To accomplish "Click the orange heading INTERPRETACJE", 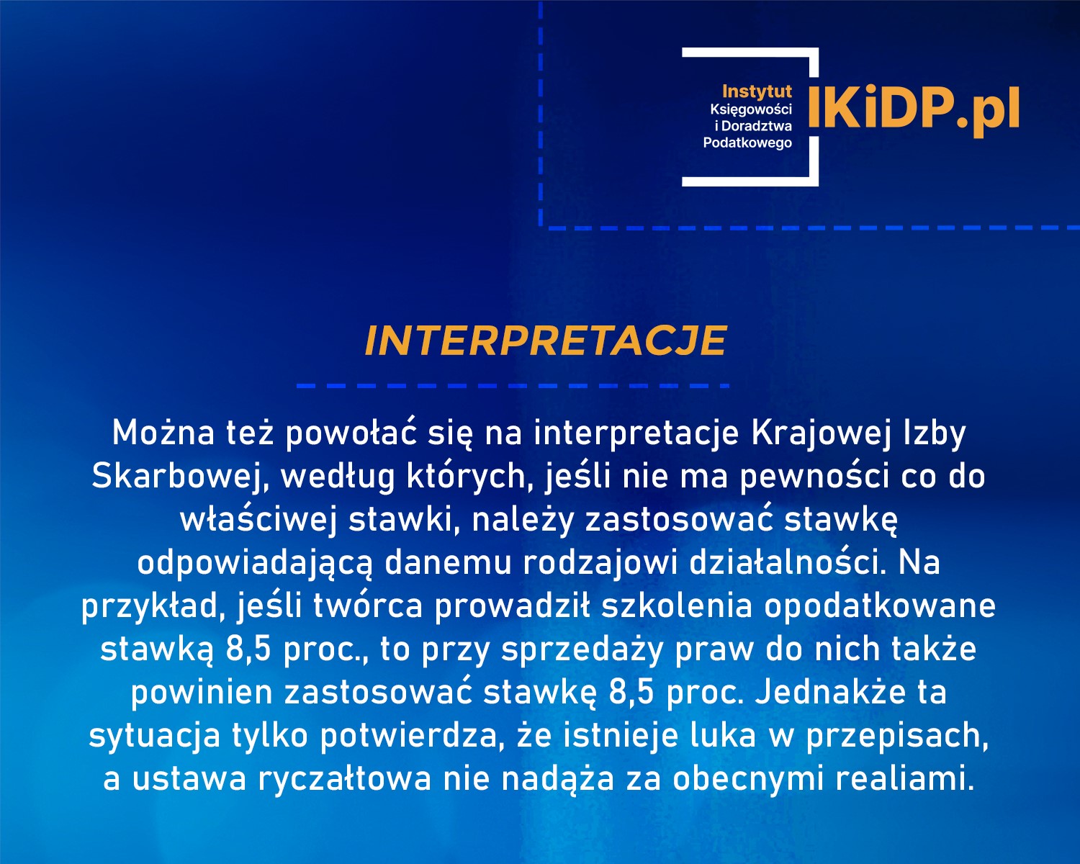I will [x=545, y=341].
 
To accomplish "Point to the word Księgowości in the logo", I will [x=751, y=109].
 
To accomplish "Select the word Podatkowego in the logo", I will [x=747, y=143].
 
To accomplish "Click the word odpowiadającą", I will [x=255, y=562].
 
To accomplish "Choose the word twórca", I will [x=367, y=606].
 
